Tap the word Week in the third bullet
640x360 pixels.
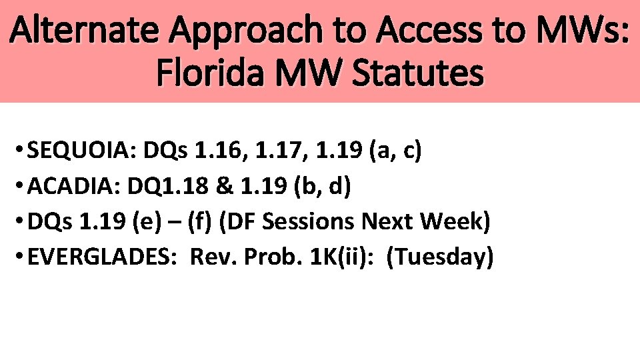(454, 222)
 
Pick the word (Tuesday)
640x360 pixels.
(440, 257)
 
